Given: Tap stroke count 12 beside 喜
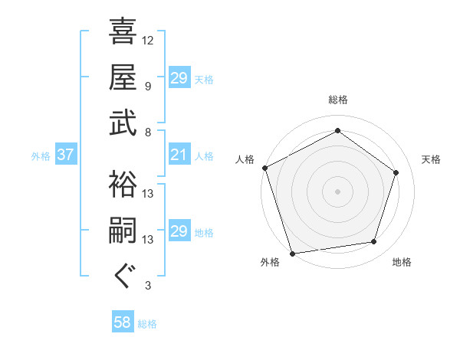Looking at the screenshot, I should [148, 40].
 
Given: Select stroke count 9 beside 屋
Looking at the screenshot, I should [148, 86].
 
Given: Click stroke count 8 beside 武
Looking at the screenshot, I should [148, 131].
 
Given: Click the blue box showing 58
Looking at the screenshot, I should [123, 322].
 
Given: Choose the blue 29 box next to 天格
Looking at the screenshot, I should [179, 78].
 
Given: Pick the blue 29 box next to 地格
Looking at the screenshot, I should [179, 232].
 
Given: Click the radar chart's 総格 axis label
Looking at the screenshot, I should [337, 100].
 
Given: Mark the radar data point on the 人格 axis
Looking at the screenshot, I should [264, 168].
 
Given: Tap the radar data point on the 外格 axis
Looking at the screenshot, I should [292, 254].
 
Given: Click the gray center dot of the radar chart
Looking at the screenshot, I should [337, 191].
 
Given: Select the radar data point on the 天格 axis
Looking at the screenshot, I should [396, 172].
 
